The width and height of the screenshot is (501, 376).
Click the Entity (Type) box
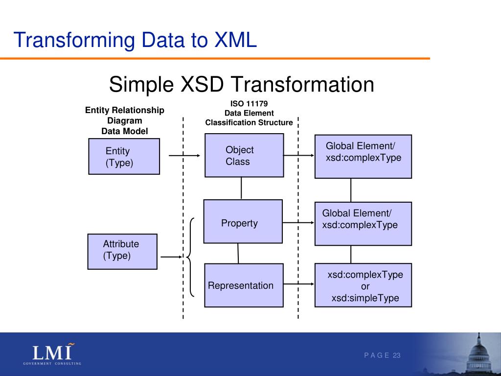(x=124, y=156)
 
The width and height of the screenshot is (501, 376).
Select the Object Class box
(x=244, y=155)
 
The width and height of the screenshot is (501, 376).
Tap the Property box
(x=243, y=221)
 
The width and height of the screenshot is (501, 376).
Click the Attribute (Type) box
(x=122, y=251)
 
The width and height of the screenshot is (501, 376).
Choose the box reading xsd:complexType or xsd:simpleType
(x=363, y=285)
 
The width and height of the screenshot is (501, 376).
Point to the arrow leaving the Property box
(x=298, y=223)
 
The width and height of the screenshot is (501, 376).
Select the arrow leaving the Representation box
(x=298, y=284)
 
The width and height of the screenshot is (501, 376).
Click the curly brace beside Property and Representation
(x=191, y=257)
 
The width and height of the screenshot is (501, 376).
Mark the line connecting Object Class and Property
(x=241, y=188)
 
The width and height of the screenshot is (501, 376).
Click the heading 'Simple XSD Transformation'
(x=241, y=84)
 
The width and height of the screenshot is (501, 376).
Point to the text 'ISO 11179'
(x=249, y=103)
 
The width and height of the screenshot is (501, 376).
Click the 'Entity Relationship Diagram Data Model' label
(x=125, y=120)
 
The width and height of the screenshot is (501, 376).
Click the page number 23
(x=396, y=355)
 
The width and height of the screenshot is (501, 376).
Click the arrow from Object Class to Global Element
(x=298, y=156)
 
